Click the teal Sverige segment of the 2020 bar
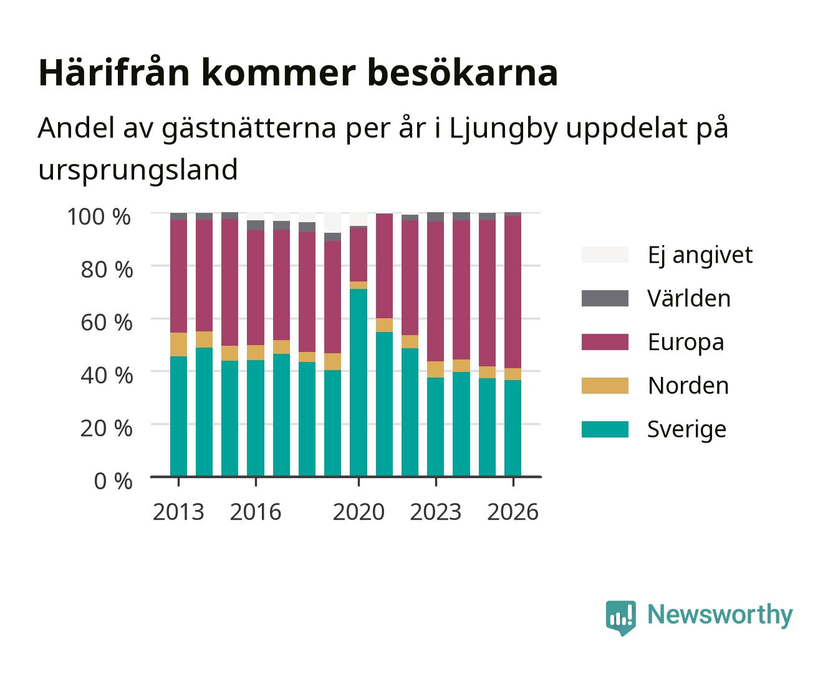pyautogui.click(x=359, y=383)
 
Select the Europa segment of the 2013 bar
pyautogui.click(x=178, y=276)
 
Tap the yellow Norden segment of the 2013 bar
pyautogui.click(x=178, y=344)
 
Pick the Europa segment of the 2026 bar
pyautogui.click(x=513, y=292)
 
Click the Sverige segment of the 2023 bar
pyautogui.click(x=435, y=427)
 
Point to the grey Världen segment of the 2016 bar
pyautogui.click(x=256, y=225)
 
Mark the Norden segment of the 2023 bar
pyautogui.click(x=435, y=369)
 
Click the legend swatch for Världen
pyautogui.click(x=605, y=298)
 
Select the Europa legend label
pyautogui.click(x=686, y=342)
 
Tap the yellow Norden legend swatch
pyautogui.click(x=605, y=386)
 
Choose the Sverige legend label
pyautogui.click(x=686, y=429)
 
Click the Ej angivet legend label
pyautogui.click(x=700, y=255)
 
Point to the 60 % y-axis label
pyautogui.click(x=107, y=323)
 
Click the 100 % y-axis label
pyautogui.click(x=99, y=217)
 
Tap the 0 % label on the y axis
pyautogui.click(x=113, y=481)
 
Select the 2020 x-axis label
pyautogui.click(x=359, y=512)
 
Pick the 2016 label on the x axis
pyautogui.click(x=256, y=512)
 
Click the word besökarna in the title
pyautogui.click(x=463, y=72)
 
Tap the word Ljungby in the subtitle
pyautogui.click(x=504, y=129)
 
